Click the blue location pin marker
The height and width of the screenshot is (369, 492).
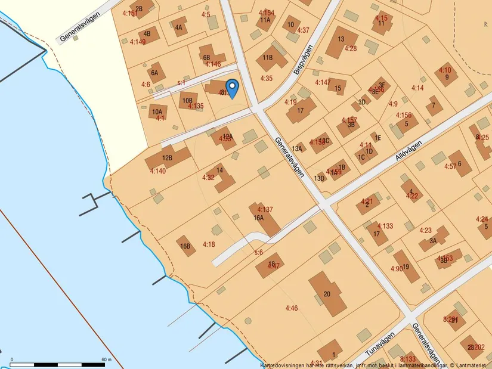point(231,88)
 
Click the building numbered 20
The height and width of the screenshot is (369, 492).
point(327,294)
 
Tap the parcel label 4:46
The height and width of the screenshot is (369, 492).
point(291,308)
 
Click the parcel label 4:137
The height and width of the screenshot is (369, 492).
point(265,210)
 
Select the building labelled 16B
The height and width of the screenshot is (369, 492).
point(185,246)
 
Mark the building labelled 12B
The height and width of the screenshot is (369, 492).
point(168,158)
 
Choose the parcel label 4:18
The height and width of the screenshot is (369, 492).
point(209,244)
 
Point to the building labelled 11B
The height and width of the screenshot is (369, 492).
point(268,58)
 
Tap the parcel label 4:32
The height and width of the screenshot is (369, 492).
point(208,178)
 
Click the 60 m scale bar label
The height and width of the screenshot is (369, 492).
point(107,359)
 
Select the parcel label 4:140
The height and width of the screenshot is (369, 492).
point(158,172)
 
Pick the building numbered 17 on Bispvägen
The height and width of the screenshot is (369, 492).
point(301,110)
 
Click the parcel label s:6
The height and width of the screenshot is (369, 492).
point(258,253)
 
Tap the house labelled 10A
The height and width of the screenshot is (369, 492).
point(157,111)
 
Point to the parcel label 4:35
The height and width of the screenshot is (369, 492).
point(267,78)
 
